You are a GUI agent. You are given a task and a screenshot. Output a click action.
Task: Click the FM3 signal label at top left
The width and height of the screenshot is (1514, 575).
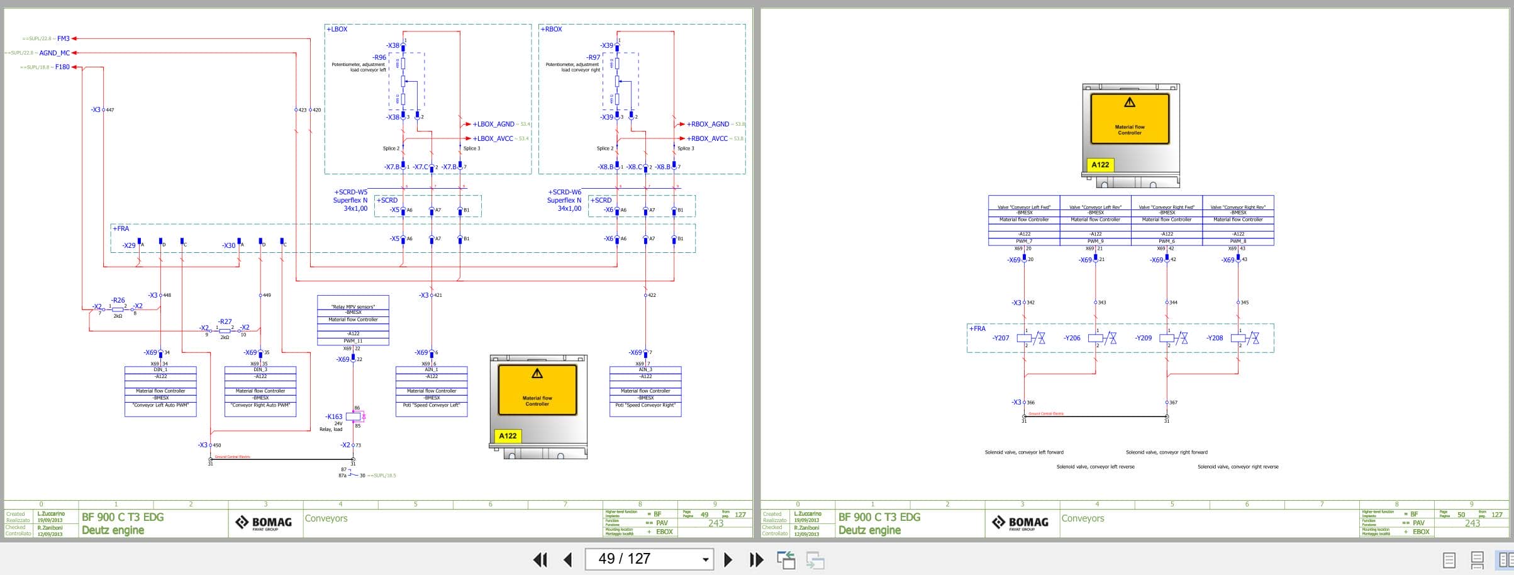pos(63,38)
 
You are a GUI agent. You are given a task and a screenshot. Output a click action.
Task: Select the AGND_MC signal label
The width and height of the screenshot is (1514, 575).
pos(54,53)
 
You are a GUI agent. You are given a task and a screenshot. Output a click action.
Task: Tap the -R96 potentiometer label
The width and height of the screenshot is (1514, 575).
pos(379,57)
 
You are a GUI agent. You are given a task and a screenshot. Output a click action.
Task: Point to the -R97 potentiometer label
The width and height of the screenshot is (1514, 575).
pos(593,57)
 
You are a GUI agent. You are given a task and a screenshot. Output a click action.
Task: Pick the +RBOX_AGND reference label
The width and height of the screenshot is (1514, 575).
pos(708,124)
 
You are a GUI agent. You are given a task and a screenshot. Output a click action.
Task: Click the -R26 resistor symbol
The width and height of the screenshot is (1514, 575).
pos(118,310)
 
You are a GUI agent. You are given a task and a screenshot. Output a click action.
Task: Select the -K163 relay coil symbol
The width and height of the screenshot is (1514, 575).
pos(353,416)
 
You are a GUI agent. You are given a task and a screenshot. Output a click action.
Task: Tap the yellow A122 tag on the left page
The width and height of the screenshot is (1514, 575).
pos(508,436)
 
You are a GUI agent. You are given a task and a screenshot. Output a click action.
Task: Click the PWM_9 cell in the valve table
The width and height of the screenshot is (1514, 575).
pos(1095,241)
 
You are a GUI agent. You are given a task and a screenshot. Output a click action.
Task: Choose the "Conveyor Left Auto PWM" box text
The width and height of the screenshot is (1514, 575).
pos(160,405)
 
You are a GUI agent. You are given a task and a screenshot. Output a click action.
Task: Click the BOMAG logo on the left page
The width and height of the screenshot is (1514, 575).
pos(264,523)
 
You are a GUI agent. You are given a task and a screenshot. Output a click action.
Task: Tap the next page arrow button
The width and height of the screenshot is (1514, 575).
pos(728,559)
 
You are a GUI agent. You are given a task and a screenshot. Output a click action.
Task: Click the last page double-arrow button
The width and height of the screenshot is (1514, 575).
pos(756,559)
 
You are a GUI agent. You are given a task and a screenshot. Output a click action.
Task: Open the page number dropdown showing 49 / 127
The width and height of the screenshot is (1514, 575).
pos(705,559)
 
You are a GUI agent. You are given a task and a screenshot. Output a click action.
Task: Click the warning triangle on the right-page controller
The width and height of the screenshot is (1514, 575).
pos(1130,102)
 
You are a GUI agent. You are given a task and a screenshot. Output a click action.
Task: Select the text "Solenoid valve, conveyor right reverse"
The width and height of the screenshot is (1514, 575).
pos(1237,467)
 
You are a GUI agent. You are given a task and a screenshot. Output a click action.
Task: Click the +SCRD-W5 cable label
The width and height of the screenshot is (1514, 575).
pos(350,192)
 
